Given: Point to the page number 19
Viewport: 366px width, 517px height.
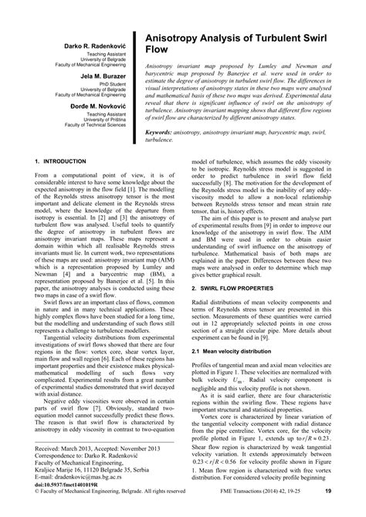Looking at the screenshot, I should click(350, 511).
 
